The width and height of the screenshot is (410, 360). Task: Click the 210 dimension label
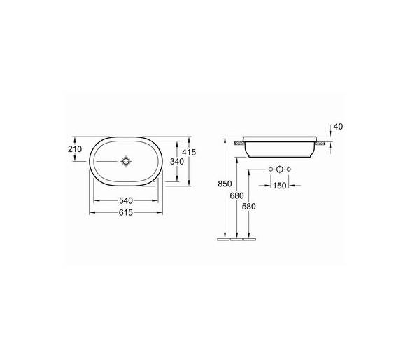(x=75, y=149)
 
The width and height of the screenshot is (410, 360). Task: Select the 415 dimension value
(x=189, y=152)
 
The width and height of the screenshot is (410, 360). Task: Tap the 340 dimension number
(x=177, y=162)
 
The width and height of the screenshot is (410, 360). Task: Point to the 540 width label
(x=126, y=201)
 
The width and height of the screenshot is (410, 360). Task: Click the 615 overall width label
(x=126, y=213)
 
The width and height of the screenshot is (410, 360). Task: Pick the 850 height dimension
(x=225, y=184)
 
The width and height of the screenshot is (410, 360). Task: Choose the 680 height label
(x=237, y=195)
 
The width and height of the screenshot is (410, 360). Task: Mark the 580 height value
(x=249, y=207)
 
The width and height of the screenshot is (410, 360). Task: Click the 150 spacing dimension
(x=280, y=186)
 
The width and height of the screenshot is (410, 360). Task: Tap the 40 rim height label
(x=338, y=127)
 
